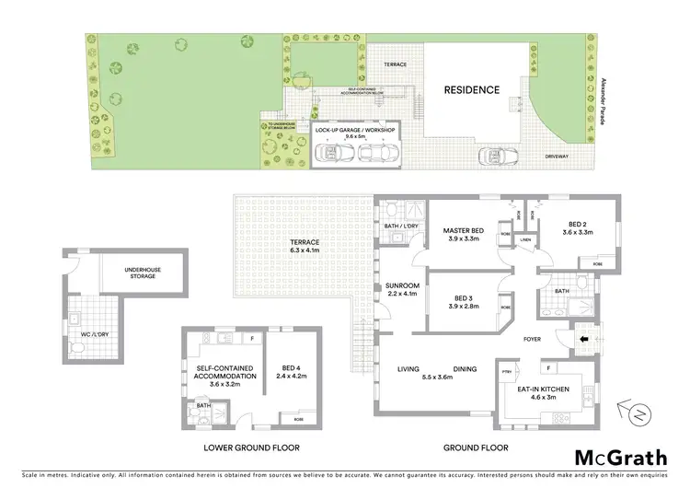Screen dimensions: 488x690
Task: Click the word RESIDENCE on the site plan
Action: click(x=472, y=90)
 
